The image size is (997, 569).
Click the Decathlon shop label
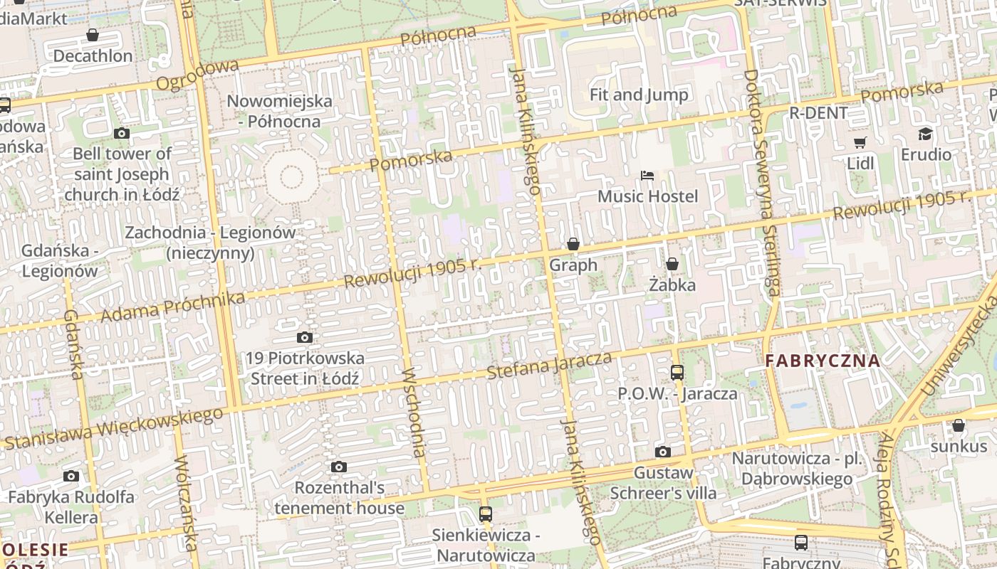93,55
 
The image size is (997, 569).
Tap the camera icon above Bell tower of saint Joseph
122,133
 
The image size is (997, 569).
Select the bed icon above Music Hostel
647,176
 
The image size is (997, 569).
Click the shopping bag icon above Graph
573,245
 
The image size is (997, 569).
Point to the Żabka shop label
672,284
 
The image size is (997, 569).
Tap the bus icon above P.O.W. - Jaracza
677,372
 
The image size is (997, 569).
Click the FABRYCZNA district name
823,361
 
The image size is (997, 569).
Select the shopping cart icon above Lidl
860,143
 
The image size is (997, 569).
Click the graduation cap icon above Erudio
925,134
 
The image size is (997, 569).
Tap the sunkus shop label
959,446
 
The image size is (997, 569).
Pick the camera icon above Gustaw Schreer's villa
662,452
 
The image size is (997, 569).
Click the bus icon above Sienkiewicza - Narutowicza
486,514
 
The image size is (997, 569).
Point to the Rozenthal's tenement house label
339,498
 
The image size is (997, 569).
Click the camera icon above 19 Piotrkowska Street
305,337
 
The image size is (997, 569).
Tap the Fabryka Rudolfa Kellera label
71,506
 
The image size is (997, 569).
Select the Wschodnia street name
414,413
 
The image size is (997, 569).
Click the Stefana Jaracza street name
549,365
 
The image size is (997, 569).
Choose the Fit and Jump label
639,95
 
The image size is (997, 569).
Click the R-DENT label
818,112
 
